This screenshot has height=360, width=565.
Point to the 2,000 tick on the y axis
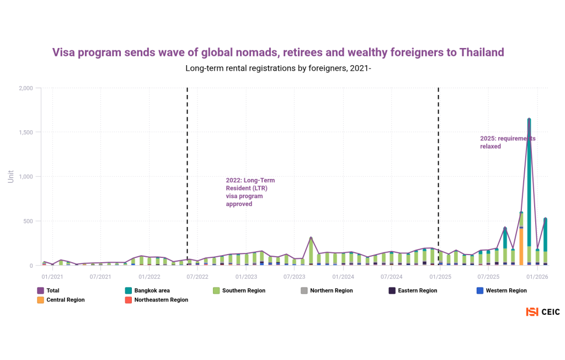point(25,88)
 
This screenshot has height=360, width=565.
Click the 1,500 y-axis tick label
point(25,133)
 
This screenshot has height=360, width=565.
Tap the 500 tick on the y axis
point(29,221)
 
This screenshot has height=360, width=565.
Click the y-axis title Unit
point(11,177)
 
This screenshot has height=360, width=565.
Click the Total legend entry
point(49,290)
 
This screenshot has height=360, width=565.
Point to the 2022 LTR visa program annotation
point(250,192)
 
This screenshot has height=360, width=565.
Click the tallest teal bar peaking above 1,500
point(529,182)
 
